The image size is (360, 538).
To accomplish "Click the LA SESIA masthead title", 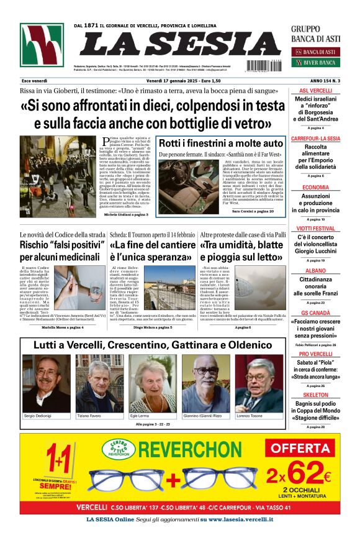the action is point(171,43).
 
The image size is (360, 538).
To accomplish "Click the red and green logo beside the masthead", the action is point(41,45).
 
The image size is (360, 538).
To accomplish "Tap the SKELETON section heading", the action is point(315,394).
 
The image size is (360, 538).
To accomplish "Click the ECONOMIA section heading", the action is point(315,187).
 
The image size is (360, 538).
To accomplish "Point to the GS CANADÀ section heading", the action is point(315,312).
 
